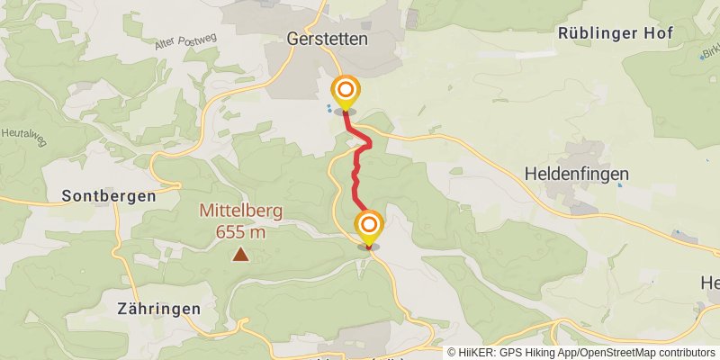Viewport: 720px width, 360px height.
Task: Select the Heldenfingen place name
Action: [575, 174]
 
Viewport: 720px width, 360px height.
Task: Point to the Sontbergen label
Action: [109, 195]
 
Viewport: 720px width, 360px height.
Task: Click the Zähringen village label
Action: [158, 308]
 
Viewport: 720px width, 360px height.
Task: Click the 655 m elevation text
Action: [240, 231]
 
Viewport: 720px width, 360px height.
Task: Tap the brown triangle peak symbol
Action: [240, 255]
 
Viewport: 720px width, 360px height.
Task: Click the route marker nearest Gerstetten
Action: [345, 93]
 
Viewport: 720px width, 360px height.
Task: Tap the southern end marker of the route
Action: [368, 227]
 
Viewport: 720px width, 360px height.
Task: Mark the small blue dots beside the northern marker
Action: [329, 108]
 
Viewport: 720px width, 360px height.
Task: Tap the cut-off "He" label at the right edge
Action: [709, 283]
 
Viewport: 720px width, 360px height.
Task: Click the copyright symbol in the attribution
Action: [452, 353]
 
